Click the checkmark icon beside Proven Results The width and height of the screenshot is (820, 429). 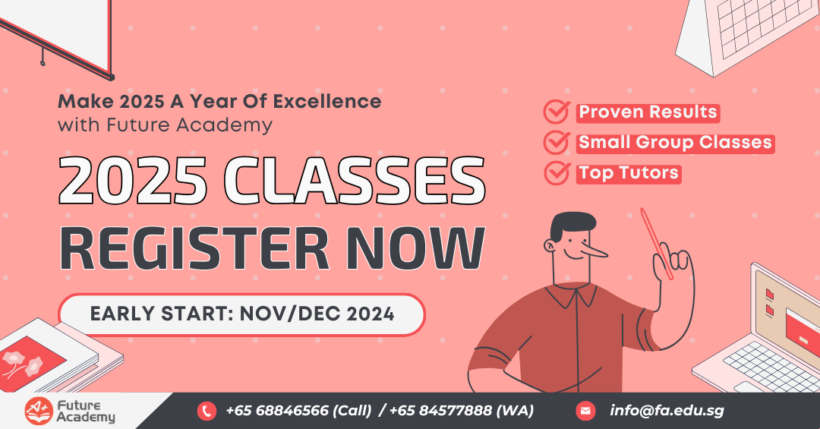tap(556, 112)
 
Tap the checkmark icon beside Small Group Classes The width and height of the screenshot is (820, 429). tap(556, 143)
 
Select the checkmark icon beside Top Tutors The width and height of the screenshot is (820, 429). tap(556, 173)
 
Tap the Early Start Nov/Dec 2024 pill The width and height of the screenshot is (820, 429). tap(241, 314)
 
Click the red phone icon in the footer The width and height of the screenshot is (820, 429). tap(207, 411)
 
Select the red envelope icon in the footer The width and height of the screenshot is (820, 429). tap(585, 411)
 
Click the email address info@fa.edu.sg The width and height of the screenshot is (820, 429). tap(667, 411)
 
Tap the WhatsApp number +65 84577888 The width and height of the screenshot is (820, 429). tap(461, 411)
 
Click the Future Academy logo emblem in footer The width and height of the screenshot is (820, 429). tap(36, 410)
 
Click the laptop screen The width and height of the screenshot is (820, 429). tap(790, 319)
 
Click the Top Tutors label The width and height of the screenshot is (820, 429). tap(629, 173)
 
